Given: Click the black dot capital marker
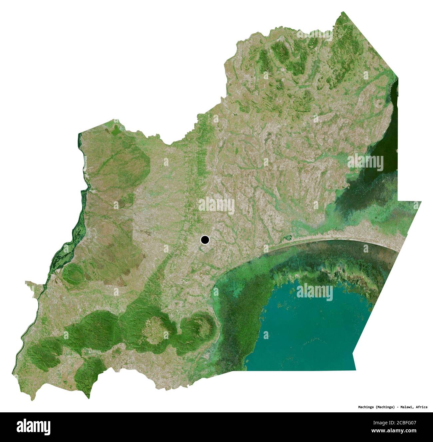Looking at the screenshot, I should [x=205, y=239].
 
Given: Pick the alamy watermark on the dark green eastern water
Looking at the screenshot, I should [x=365, y=163].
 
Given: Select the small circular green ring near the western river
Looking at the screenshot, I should [x=71, y=274].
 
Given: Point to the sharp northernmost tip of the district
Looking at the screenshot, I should [x=343, y=12].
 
